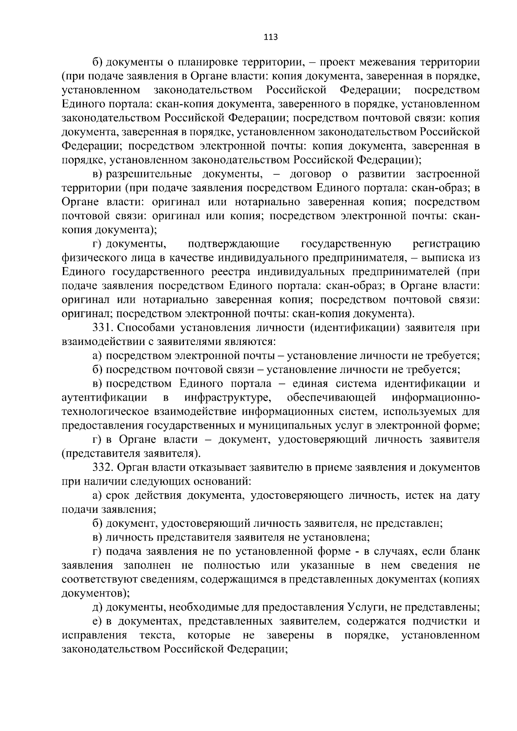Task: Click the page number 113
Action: [x=271, y=37]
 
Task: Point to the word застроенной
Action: [x=448, y=174]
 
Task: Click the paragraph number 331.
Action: [x=103, y=328]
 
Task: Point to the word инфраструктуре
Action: [x=228, y=397]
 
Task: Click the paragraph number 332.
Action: [x=103, y=467]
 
